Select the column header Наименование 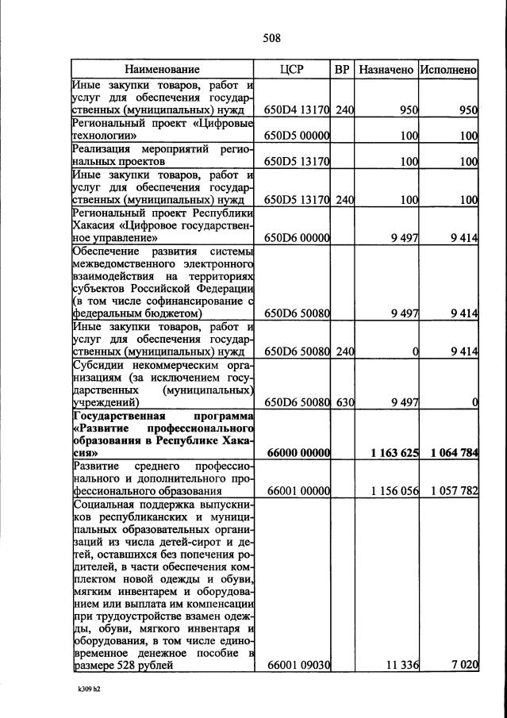pos(162,70)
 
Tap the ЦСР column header pos(291,70)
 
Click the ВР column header pos(342,70)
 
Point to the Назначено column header pos(386,70)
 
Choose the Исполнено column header pos(448,70)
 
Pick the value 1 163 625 pos(394,453)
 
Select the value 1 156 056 pos(394,491)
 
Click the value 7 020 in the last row pos(463,665)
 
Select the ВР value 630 pos(344,403)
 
